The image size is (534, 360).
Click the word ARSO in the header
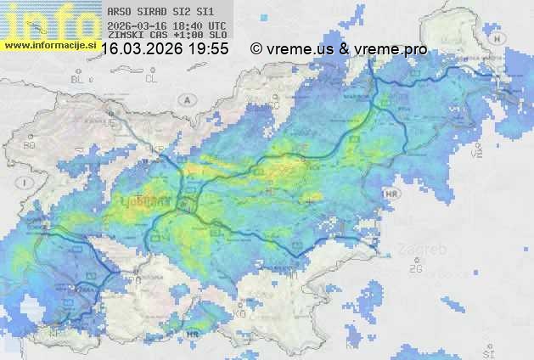[x=120, y=13]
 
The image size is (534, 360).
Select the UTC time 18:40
[x=190, y=26]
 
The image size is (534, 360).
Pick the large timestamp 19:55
[x=209, y=49]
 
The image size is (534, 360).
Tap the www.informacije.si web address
[x=48, y=43]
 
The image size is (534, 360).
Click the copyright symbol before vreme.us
[x=256, y=49]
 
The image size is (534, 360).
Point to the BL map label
[x=79, y=79]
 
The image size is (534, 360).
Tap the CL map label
[x=151, y=79]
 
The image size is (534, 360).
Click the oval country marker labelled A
[x=186, y=99]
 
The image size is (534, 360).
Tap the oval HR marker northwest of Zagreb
[x=391, y=194]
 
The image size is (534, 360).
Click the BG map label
[x=30, y=145]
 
